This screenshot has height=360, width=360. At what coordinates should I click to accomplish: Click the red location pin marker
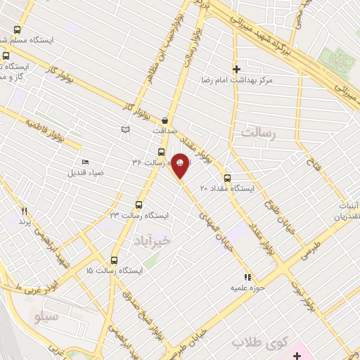pos(181,166)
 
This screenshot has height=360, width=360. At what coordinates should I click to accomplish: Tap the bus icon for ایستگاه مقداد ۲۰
pos(226,178)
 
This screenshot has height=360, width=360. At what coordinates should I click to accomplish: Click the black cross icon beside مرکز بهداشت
pos(236,69)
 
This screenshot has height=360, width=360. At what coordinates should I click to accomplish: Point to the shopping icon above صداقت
pos(165,120)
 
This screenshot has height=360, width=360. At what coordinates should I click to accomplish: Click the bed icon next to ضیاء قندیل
pos(85,162)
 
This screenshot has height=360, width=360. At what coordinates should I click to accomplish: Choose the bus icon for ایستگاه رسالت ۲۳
pos(138,205)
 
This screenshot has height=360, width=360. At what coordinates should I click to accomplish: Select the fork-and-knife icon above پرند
pos(25,210)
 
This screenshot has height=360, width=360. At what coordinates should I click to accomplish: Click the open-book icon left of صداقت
pos(125,130)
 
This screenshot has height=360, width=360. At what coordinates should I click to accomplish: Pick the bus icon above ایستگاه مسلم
pos(18,30)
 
